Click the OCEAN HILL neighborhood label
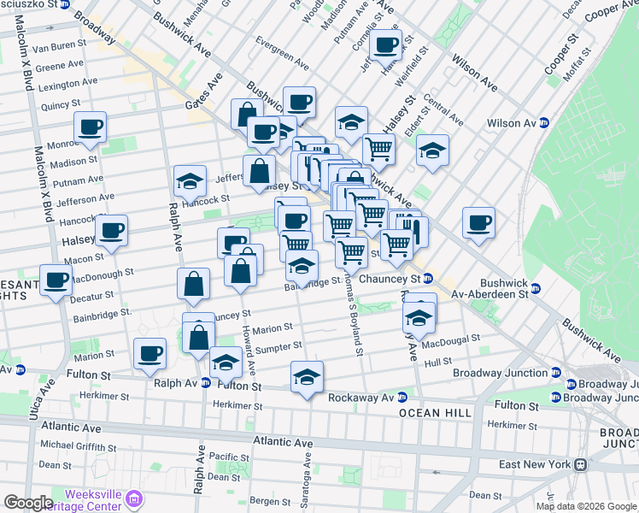pos(431,413)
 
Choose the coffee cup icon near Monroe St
pos(91,128)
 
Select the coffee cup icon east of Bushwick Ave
pos(478,224)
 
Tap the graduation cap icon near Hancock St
pos(190,181)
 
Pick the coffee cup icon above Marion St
pos(150,354)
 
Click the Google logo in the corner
pos(27,503)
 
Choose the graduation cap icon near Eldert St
pos(433,150)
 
